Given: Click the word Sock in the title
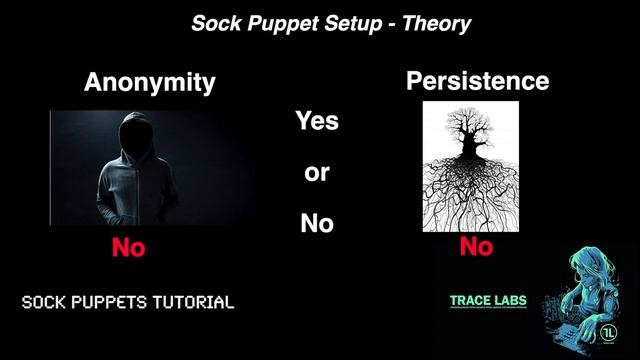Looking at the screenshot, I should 215,23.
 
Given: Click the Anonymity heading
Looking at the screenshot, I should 149,83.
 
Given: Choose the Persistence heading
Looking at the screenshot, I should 478,81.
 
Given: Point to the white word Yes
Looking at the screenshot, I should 316,122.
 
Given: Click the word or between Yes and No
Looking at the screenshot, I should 316,173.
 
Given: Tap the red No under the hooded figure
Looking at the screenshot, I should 128,248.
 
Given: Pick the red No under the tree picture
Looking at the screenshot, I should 477,246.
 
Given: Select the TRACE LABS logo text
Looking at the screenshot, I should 487,300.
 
